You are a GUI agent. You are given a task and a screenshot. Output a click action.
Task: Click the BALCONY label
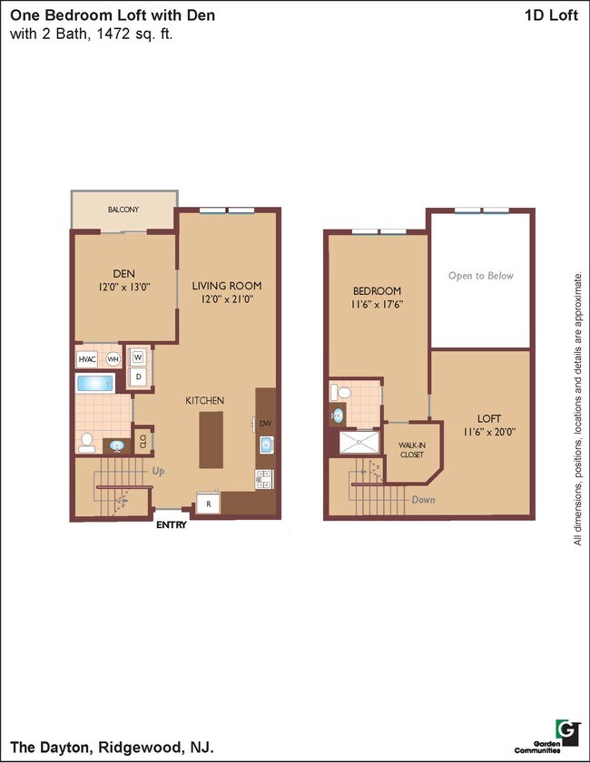[123, 210]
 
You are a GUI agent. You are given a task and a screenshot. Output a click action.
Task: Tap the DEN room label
[123, 273]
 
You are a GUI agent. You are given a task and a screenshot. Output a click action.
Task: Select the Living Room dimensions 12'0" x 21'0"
[227, 298]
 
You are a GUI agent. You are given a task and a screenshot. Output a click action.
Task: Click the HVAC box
[87, 358]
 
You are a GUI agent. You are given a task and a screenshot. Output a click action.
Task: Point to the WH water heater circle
[112, 358]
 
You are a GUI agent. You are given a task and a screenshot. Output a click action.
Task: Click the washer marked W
[139, 357]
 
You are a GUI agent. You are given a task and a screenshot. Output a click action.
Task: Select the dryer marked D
[139, 376]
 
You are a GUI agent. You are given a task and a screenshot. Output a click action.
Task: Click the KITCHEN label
[205, 400]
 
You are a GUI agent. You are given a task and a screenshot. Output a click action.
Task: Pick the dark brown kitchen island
[211, 439]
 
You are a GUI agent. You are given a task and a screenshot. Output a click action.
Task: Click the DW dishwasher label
[265, 423]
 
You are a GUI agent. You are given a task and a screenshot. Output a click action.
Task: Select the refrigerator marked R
[208, 504]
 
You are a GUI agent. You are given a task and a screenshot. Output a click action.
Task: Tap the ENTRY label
[171, 524]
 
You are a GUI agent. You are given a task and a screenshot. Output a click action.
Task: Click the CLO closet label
[143, 442]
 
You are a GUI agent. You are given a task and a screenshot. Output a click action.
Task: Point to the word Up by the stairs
[159, 472]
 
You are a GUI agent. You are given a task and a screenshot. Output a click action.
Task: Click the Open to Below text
[480, 276]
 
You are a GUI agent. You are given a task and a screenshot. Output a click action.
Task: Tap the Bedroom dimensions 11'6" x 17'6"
[377, 305]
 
